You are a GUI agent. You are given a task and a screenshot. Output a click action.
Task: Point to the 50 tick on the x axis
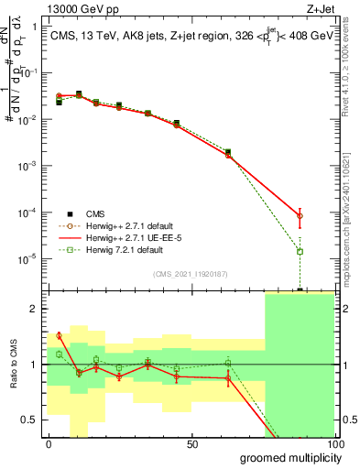point(192,444)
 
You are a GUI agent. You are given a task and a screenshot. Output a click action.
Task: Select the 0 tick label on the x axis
point(49,444)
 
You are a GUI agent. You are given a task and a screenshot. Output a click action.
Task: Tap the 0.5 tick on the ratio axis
point(31,420)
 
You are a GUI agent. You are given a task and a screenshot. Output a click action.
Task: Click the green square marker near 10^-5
point(300,251)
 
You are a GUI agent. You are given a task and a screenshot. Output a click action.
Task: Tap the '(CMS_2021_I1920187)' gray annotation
point(190,274)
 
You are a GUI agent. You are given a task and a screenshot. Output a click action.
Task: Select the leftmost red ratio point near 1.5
point(59,335)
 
